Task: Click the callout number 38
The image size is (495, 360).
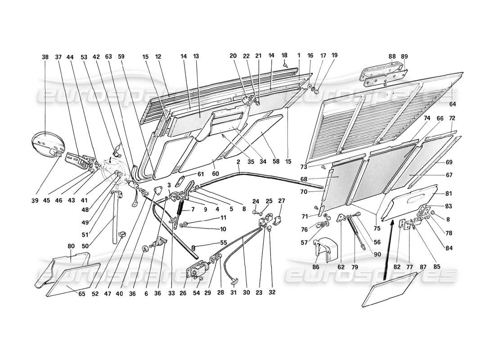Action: tap(45, 58)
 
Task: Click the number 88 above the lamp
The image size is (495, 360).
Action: tap(391, 56)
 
